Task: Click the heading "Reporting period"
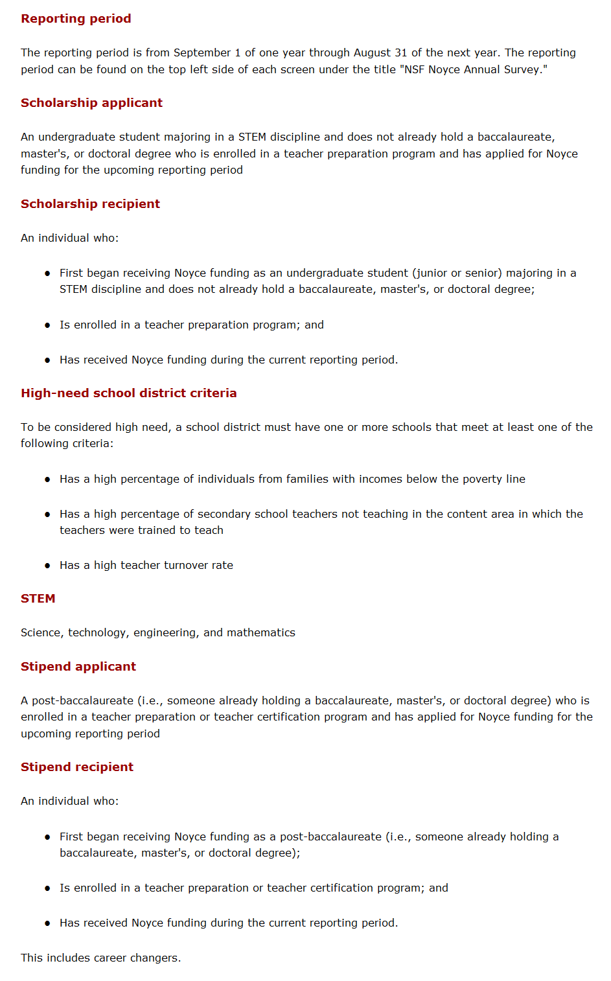(x=76, y=19)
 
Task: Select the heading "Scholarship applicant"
(x=91, y=103)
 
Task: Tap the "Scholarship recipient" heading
(x=90, y=204)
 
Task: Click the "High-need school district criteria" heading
(x=128, y=393)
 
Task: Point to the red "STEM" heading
(x=38, y=599)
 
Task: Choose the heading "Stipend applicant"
(x=78, y=667)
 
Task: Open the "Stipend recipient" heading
(x=76, y=767)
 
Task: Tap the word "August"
(x=373, y=52)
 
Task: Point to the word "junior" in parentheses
(x=435, y=273)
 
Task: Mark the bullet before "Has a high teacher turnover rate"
(x=47, y=566)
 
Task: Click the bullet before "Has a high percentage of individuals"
(x=47, y=479)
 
